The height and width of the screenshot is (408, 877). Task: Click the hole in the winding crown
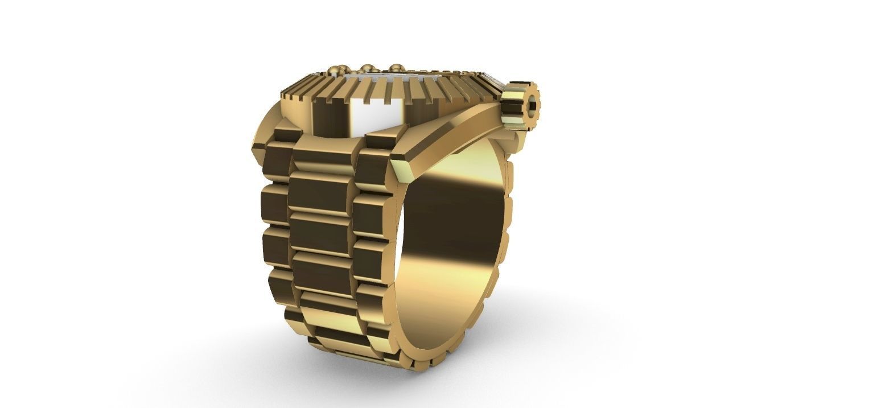[x=533, y=105]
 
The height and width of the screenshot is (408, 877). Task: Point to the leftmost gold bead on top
[x=335, y=71]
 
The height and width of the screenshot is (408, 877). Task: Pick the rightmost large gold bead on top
[x=395, y=68]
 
